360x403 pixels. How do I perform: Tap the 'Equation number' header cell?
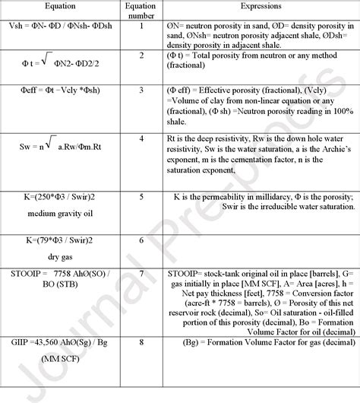pos(141,11)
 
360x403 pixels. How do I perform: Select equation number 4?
pos(141,138)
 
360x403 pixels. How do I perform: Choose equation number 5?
pos(141,196)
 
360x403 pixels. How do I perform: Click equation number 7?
pos(141,271)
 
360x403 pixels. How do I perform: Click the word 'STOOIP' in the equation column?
pos(18,272)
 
